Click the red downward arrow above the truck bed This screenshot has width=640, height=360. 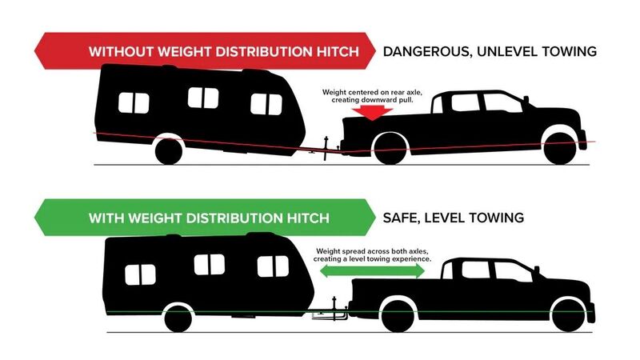(x=372, y=112)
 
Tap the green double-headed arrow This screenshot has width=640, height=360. (x=372, y=271)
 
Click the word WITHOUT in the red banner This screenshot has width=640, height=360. (x=121, y=52)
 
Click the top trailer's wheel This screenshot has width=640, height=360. (x=169, y=151)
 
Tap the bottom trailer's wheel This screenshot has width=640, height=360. (x=178, y=318)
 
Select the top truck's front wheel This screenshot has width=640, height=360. (x=560, y=149)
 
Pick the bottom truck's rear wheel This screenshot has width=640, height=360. (x=398, y=316)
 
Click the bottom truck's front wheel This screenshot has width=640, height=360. (x=568, y=316)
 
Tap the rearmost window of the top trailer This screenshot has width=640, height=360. (x=134, y=103)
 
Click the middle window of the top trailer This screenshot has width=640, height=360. (x=203, y=98)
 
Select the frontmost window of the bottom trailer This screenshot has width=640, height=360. (x=273, y=266)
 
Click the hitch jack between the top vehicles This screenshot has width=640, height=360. (x=326, y=148)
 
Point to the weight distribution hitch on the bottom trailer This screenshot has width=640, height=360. (x=329, y=312)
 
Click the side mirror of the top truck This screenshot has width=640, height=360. (x=526, y=99)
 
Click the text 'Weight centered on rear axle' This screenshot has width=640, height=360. (x=372, y=93)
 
